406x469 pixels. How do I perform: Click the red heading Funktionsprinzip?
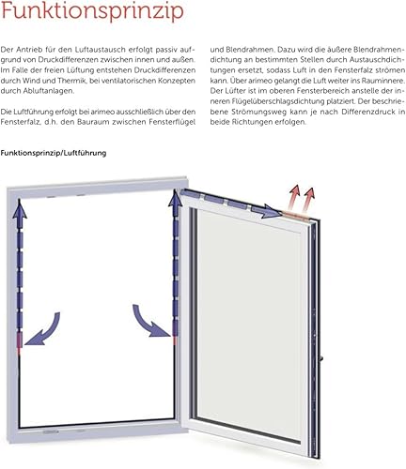92,11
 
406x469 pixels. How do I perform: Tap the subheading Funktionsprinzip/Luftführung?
54,153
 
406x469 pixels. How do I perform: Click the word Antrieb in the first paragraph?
29,50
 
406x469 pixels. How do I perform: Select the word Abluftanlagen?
49,91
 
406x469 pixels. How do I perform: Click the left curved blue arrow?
45,330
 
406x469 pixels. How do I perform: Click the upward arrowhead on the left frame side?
20,209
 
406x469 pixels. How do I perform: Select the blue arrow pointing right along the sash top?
270,211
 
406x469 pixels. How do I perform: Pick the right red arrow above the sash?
308,201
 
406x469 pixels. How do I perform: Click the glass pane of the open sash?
250,319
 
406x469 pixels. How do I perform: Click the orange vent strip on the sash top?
295,215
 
